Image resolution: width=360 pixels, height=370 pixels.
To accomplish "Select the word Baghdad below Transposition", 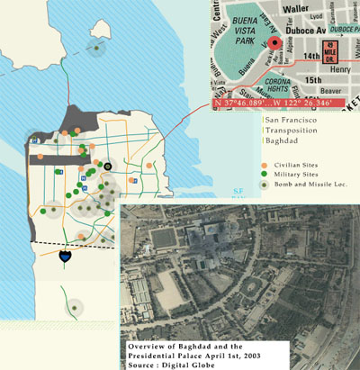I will [284, 139].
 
